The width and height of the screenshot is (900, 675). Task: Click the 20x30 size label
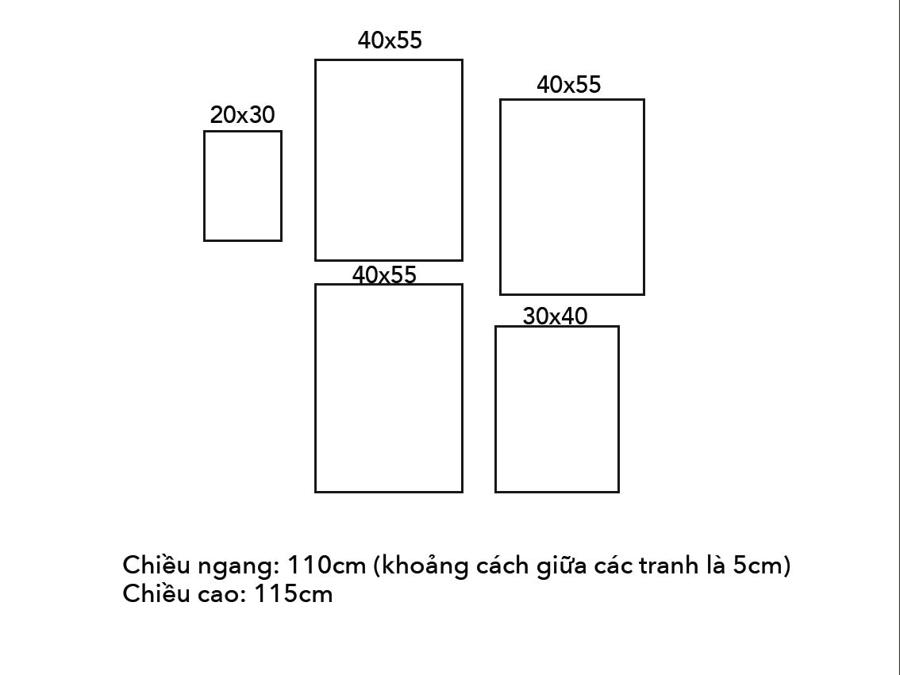(242, 115)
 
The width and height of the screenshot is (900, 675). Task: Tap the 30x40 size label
(555, 316)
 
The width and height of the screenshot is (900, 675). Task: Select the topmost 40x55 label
(390, 40)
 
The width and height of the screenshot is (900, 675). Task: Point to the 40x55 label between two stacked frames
(384, 274)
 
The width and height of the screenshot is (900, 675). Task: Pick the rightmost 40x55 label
(569, 85)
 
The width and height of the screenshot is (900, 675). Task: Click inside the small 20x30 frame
(243, 186)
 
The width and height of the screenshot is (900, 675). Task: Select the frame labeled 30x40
(556, 408)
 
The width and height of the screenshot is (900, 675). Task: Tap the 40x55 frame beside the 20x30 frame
(389, 160)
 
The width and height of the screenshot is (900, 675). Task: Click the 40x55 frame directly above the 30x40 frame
(571, 197)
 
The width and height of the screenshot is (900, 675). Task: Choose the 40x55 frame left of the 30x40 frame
(389, 388)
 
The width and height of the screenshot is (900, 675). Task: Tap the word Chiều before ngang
(156, 566)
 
